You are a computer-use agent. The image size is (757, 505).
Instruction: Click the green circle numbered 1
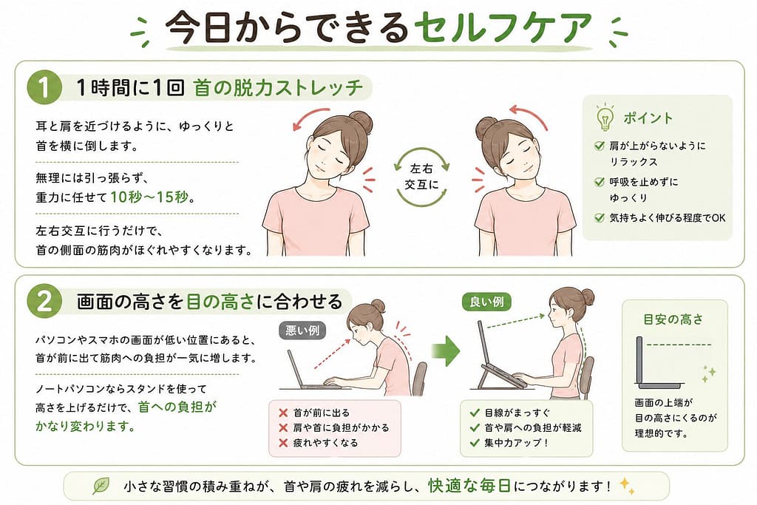[x=44, y=87]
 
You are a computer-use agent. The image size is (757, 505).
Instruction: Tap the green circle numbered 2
[x=44, y=301]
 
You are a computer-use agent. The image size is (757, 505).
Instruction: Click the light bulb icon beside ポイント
[x=605, y=117]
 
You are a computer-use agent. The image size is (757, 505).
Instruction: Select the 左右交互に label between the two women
[x=421, y=176]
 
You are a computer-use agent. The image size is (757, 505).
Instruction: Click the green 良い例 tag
[x=486, y=302]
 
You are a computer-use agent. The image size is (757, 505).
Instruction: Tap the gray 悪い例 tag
[x=302, y=331]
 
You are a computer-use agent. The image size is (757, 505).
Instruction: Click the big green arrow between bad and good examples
[x=446, y=351]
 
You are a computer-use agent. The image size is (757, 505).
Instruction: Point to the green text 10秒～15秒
[x=149, y=197]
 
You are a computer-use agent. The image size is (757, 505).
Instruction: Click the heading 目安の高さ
[x=673, y=319]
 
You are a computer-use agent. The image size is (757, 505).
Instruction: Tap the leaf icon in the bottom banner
[x=101, y=486]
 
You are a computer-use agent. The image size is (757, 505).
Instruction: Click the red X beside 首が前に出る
[x=283, y=413]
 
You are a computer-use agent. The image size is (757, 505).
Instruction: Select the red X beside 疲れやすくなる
[x=283, y=443]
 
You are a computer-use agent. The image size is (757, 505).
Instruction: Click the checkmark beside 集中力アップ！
[x=475, y=442]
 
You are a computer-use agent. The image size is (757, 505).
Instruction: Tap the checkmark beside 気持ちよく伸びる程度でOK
[x=599, y=217]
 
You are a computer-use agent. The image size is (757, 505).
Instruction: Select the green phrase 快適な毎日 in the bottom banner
[x=469, y=486]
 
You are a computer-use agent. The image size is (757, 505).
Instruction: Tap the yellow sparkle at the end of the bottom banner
[x=628, y=486]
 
